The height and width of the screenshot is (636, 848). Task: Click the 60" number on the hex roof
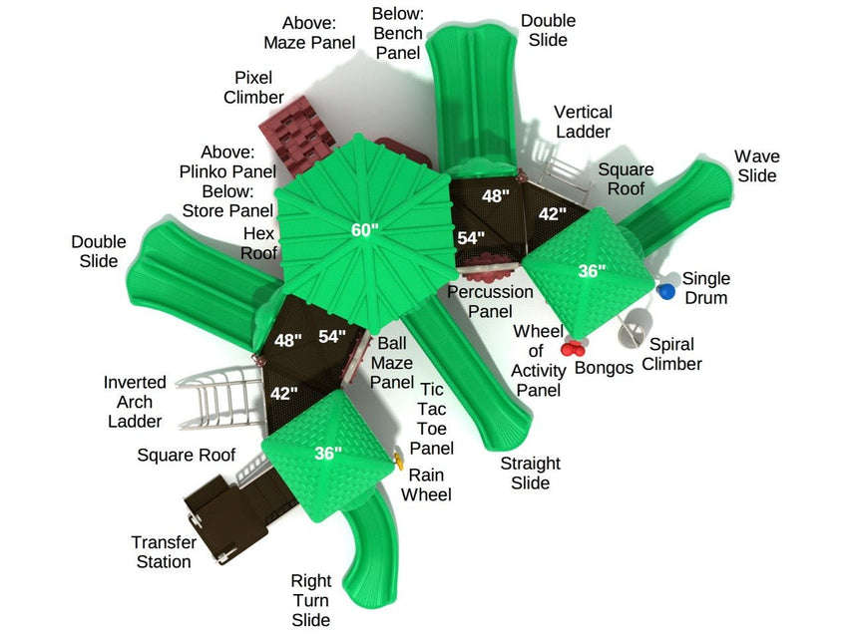(365, 230)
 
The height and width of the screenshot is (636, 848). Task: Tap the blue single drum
(666, 291)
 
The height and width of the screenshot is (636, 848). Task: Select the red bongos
(573, 347)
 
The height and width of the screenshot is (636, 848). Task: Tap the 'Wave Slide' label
(756, 165)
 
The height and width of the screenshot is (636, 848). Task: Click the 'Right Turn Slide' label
(310, 600)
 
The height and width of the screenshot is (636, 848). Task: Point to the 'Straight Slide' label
(530, 473)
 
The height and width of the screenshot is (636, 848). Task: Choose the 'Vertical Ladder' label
(583, 122)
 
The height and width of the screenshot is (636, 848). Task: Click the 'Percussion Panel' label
(489, 302)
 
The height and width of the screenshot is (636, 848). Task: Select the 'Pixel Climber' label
(253, 87)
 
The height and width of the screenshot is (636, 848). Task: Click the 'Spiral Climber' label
(671, 354)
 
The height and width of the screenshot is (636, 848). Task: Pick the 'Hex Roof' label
(259, 242)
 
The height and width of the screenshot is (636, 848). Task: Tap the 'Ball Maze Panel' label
(391, 363)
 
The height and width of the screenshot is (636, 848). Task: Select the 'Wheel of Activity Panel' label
(538, 360)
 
